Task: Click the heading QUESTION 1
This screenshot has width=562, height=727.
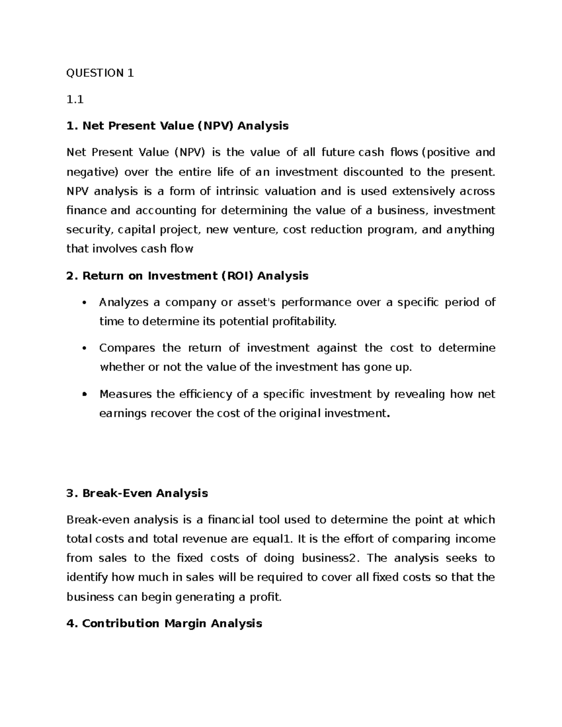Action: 100,73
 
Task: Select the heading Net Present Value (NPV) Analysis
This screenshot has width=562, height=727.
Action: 177,126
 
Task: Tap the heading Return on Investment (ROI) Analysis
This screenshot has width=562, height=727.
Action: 187,276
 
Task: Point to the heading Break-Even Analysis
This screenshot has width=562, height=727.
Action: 137,493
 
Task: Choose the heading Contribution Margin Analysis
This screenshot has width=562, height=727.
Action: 164,624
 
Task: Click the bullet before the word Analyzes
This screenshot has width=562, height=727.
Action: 84,303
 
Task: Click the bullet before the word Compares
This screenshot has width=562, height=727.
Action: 84,348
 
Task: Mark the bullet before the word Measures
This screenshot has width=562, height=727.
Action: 84,394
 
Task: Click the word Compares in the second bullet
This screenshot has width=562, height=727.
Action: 127,348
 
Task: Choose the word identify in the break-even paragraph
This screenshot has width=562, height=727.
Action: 87,577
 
